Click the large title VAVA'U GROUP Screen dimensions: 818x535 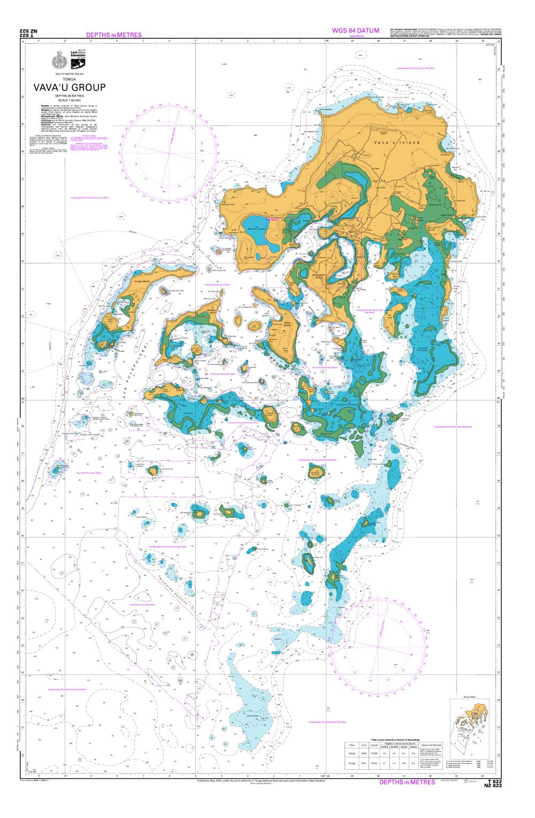coord(70,87)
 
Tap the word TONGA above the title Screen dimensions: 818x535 coord(70,79)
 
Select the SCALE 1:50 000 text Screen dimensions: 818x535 coord(70,100)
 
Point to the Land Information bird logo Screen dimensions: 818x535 coord(78,55)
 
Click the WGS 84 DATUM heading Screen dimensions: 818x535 coord(355,31)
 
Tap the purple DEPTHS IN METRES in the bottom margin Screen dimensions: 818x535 coord(407,782)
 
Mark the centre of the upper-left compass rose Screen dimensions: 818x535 coord(169,153)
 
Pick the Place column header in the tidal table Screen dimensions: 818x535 coord(351,745)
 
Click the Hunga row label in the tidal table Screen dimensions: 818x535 coord(351,763)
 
